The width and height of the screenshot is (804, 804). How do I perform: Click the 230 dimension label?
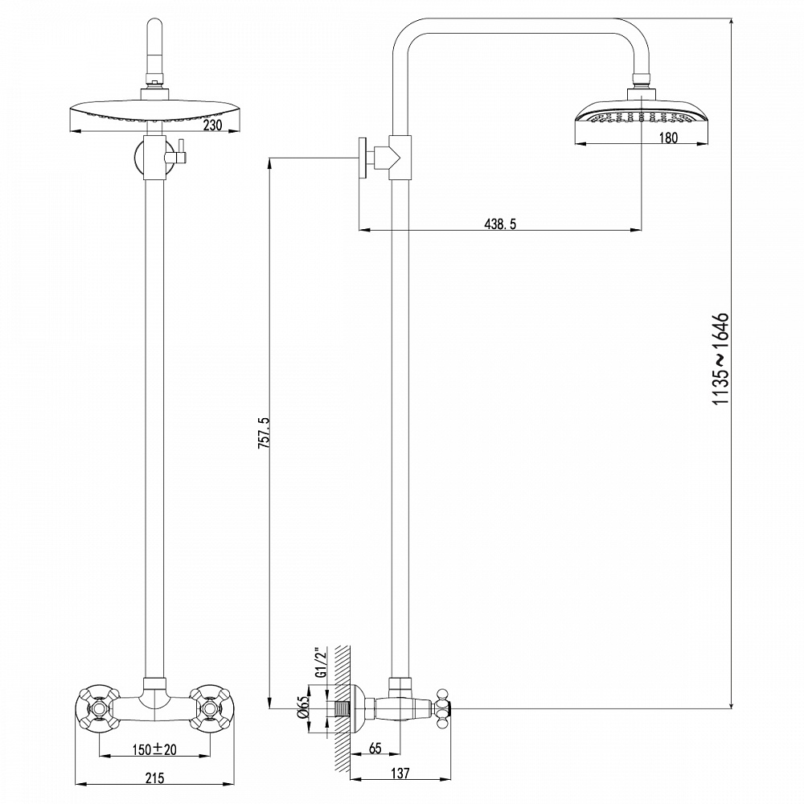coord(212,125)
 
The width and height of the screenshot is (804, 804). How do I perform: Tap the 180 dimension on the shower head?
coord(668,137)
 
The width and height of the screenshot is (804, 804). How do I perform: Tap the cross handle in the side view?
coord(442,708)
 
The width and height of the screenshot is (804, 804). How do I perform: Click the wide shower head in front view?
coord(153,115)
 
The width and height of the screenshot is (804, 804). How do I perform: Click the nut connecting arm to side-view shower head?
coord(641,79)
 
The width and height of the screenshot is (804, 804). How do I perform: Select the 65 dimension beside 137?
coord(375,747)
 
